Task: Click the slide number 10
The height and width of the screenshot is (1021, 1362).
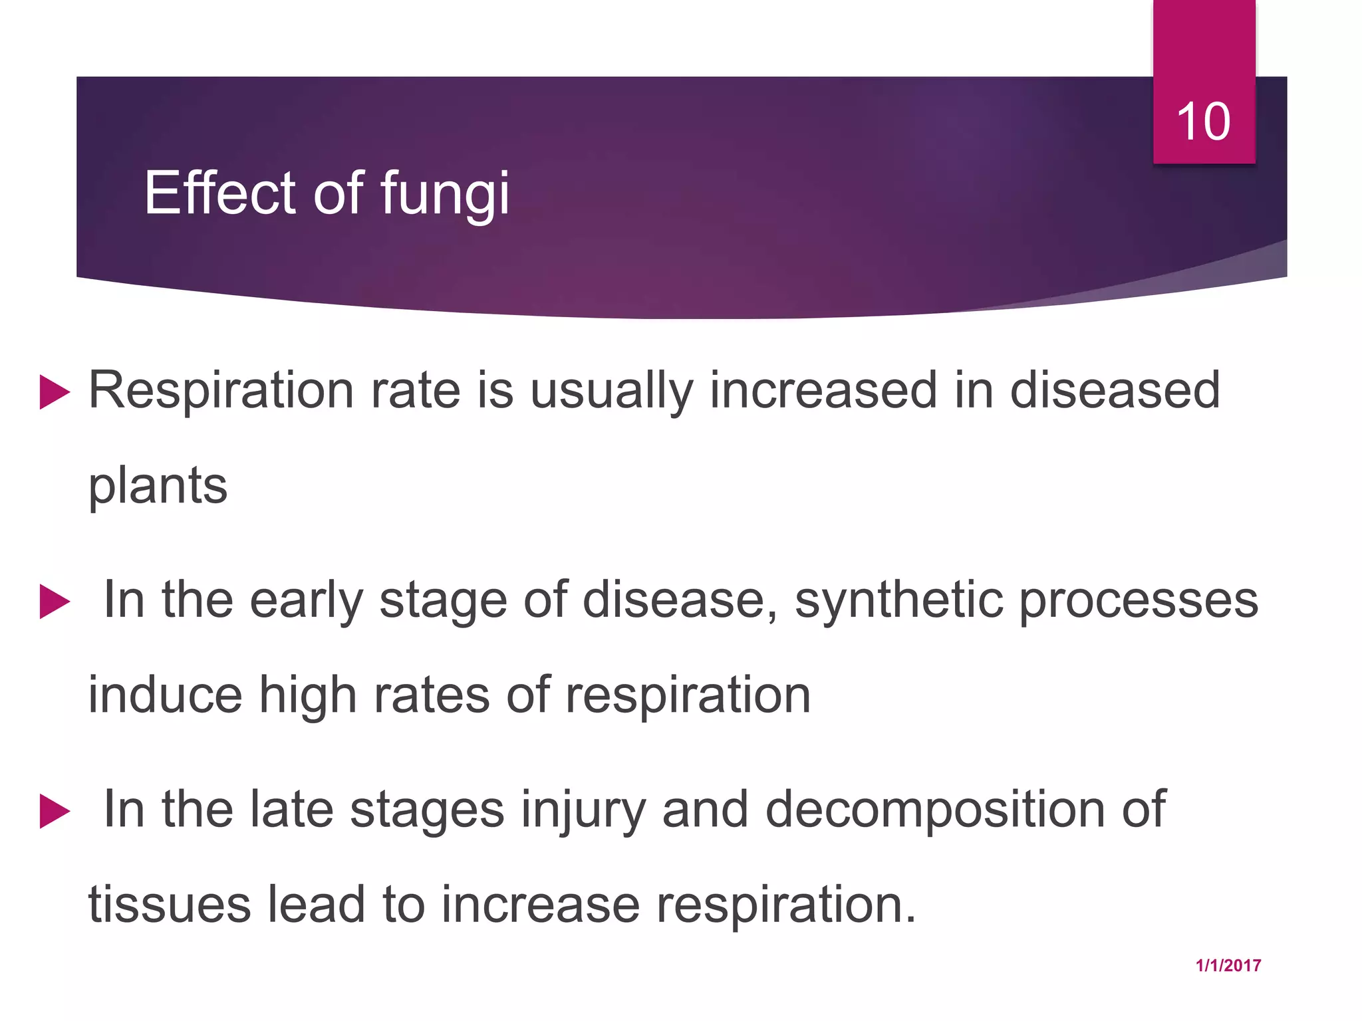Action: click(1203, 122)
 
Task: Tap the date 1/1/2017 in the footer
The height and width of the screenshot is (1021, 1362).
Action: click(1228, 966)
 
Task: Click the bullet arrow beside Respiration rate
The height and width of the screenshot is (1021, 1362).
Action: click(55, 392)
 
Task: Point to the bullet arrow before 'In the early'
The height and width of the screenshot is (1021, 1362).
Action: click(55, 602)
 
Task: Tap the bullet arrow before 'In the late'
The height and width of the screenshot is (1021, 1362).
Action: click(55, 811)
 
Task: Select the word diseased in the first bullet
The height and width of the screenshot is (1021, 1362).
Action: click(1115, 390)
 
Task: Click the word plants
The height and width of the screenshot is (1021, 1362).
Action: click(158, 486)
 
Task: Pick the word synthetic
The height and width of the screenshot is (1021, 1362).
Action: click(898, 600)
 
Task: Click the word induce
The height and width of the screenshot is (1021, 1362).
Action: click(165, 695)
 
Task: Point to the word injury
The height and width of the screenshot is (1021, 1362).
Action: click(583, 811)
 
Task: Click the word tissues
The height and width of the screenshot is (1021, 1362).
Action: click(170, 905)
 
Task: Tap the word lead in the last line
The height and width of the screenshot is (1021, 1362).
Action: click(316, 905)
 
